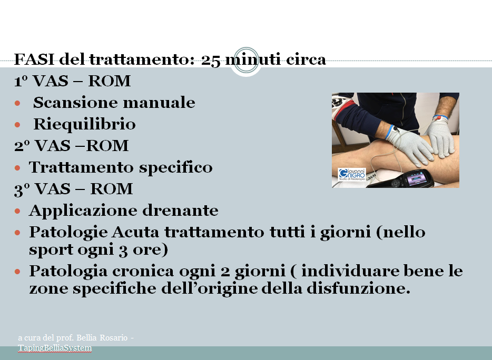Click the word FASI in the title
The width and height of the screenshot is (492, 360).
click(x=34, y=59)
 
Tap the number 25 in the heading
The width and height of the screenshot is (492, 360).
click(x=211, y=60)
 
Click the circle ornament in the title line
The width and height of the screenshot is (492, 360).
click(x=247, y=60)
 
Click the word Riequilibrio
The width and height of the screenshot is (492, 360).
click(x=84, y=124)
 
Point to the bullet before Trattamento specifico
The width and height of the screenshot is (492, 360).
click(x=17, y=168)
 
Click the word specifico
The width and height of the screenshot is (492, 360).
click(x=176, y=168)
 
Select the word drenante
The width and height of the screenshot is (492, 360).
click(x=181, y=211)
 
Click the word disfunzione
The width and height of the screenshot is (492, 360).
click(x=358, y=288)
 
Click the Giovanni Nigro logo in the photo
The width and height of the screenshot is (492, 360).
click(x=352, y=174)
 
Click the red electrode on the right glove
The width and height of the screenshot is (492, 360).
click(x=439, y=118)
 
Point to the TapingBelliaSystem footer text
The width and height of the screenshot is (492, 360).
click(x=55, y=348)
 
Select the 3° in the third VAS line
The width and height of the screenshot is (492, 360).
click(x=22, y=189)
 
